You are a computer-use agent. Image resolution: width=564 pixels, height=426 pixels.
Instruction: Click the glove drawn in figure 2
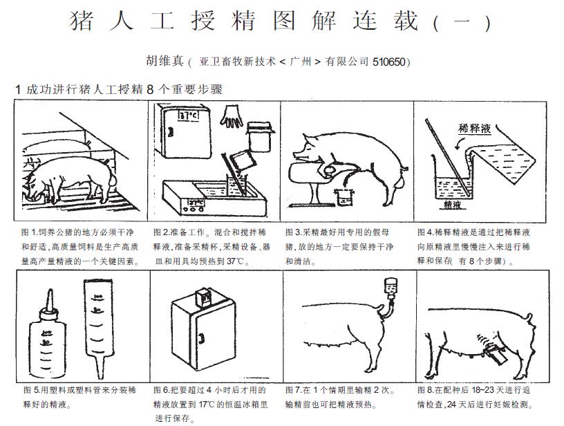click(x=232, y=117)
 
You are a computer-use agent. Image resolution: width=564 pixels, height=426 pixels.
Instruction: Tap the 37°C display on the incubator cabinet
click(x=189, y=115)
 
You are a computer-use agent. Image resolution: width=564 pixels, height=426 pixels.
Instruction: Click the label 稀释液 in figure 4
click(x=474, y=128)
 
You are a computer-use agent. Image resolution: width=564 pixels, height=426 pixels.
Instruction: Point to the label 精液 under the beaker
click(x=452, y=205)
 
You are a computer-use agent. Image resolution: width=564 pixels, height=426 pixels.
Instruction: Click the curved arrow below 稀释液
click(x=459, y=144)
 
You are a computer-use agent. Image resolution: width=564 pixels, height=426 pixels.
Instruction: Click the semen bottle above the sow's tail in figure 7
click(x=391, y=288)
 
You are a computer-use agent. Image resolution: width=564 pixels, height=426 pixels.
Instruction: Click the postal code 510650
click(x=389, y=62)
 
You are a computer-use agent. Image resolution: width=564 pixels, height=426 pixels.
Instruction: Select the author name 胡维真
click(x=164, y=61)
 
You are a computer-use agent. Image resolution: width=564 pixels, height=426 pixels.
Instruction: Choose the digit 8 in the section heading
click(x=150, y=89)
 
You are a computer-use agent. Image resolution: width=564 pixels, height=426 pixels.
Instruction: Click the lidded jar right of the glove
click(x=260, y=136)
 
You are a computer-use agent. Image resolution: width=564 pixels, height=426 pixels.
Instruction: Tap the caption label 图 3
click(x=294, y=232)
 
